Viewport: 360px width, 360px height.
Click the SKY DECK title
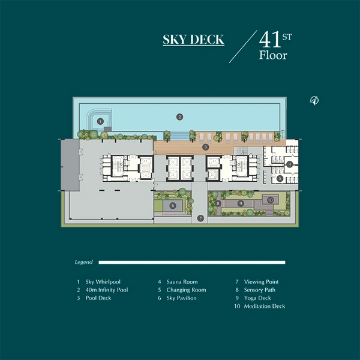click(193, 40)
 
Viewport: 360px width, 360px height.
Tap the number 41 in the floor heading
click(270, 40)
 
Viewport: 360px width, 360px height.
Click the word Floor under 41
click(273, 55)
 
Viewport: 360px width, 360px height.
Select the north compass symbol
click(314, 100)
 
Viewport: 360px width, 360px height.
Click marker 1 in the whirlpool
click(100, 121)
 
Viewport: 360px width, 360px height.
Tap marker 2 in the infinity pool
click(179, 117)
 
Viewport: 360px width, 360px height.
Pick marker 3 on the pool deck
click(206, 147)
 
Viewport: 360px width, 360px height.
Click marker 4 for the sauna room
click(290, 164)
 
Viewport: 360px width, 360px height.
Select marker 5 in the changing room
click(280, 178)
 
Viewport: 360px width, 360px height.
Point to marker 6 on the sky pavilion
click(173, 205)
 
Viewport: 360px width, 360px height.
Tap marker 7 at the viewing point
click(200, 218)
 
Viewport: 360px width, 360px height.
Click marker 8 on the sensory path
click(218, 203)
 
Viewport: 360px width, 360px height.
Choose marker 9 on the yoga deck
click(241, 203)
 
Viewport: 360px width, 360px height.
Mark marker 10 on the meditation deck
click(270, 200)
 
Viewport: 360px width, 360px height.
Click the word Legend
click(84, 262)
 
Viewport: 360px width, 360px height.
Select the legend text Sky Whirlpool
click(103, 282)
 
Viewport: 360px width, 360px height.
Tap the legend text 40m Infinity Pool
click(107, 290)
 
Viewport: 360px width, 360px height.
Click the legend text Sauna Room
click(182, 282)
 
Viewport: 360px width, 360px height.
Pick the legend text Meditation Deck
click(265, 306)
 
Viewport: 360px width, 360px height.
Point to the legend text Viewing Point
click(261, 282)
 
